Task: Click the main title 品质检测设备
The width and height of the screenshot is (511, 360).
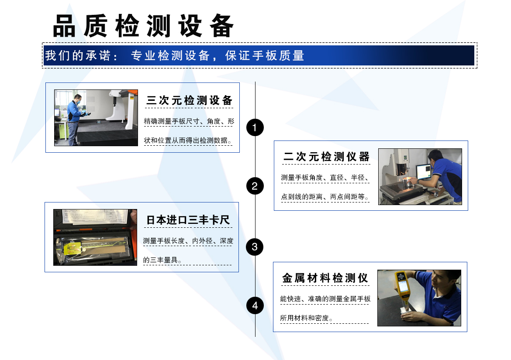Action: pos(143,26)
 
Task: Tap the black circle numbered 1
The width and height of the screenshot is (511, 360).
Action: pos(255,127)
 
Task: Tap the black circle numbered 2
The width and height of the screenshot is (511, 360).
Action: pos(255,186)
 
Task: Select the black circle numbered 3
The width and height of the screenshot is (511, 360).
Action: pos(255,247)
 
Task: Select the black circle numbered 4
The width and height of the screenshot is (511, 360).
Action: pos(255,305)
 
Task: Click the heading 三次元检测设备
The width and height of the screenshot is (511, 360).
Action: pos(190,100)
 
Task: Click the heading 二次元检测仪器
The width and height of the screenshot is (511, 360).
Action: pos(326,157)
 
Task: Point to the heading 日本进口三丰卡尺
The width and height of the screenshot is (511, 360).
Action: pos(188,220)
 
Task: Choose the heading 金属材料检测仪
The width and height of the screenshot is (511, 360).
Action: pos(325,278)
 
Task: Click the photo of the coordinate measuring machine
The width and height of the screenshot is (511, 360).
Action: pos(96,118)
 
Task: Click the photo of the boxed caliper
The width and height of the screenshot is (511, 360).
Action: pos(95,237)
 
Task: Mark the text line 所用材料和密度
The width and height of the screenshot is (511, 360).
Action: pos(306,318)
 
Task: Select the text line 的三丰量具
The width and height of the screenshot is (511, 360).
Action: pos(162,260)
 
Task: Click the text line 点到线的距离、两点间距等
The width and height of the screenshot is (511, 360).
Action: pos(325,197)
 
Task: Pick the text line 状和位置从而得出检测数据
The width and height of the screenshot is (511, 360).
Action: pos(188,141)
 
